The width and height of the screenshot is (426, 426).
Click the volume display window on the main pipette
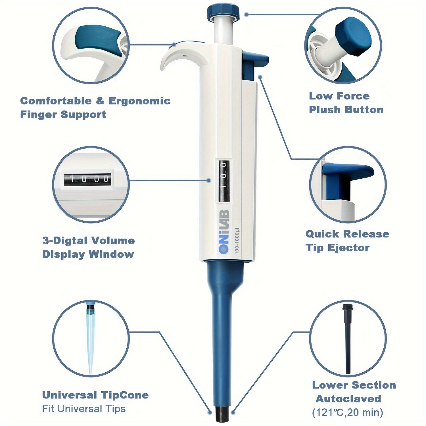pyautogui.click(x=224, y=181)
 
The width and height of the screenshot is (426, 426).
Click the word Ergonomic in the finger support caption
pyautogui.click(x=139, y=101)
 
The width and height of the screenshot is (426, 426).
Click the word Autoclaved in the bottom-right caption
pyautogui.click(x=348, y=399)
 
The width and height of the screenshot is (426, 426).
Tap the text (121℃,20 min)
pyautogui.click(x=347, y=412)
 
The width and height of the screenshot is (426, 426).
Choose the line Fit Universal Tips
pyautogui.click(x=84, y=409)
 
